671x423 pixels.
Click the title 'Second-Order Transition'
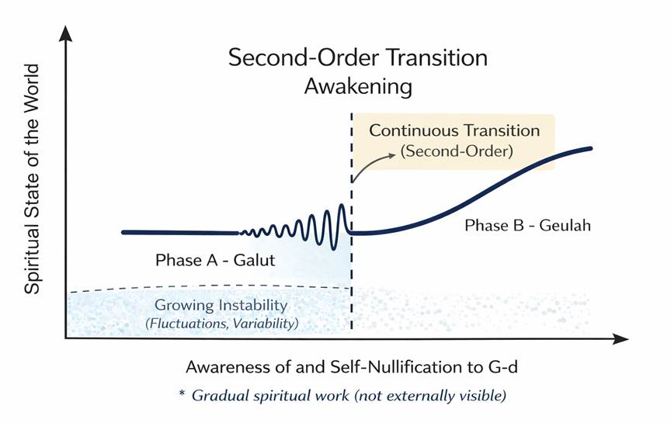(357, 57)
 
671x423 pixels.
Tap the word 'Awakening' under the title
(357, 86)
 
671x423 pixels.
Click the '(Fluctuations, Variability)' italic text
(221, 322)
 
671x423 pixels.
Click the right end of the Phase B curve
(591, 149)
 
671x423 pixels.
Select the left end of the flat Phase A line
(123, 232)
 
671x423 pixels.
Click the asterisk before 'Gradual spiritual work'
(183, 394)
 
